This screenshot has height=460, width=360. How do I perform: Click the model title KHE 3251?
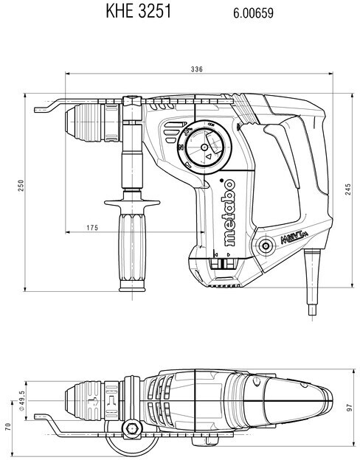[138, 12]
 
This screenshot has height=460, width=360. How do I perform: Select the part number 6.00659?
[254, 13]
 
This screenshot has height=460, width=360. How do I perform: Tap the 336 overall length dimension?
[197, 69]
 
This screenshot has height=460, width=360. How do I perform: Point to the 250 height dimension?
[21, 186]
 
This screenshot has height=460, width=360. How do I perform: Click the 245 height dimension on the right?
[348, 189]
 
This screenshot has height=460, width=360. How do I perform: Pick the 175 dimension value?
[92, 228]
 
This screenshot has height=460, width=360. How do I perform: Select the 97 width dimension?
[349, 408]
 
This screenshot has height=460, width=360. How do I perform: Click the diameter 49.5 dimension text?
[21, 401]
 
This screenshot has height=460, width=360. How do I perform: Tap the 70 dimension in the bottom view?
[8, 426]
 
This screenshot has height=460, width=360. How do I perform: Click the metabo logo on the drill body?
[229, 212]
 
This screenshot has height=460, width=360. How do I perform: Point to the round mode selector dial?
[204, 147]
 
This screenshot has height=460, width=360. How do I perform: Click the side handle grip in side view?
[132, 252]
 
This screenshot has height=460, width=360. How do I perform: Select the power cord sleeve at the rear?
[311, 282]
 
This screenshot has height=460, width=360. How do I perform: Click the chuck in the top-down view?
[92, 401]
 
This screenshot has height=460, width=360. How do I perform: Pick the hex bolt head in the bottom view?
[131, 429]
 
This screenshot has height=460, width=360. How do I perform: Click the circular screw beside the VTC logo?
[266, 245]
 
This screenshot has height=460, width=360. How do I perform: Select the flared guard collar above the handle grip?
[132, 203]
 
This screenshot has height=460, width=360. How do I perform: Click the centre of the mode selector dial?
[204, 147]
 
